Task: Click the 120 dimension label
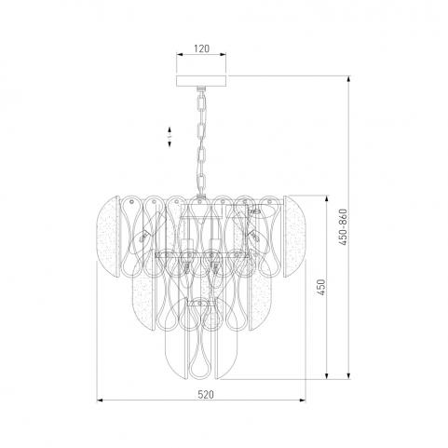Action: (201, 48)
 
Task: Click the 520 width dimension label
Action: (206, 395)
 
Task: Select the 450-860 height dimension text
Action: (343, 227)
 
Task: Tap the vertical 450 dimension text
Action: (321, 287)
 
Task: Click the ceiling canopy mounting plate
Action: (201, 81)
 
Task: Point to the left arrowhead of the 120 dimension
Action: (180, 55)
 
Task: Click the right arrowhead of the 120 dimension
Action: (223, 55)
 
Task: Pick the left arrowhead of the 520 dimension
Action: (100, 400)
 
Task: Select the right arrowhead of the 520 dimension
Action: (303, 400)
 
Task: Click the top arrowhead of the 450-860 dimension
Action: (349, 79)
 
